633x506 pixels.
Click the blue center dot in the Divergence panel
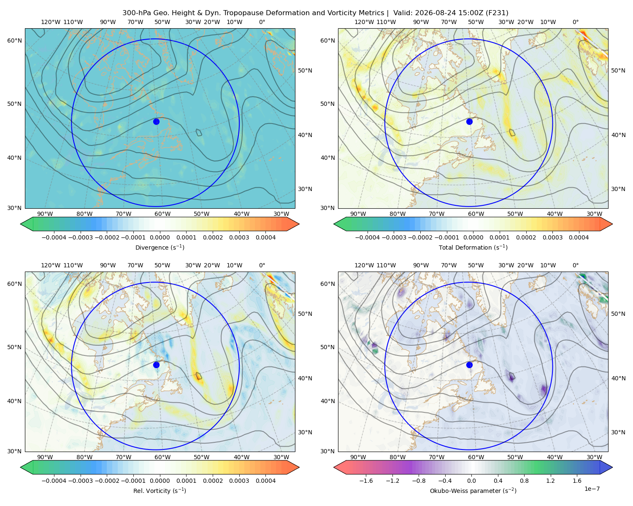[x=156, y=121]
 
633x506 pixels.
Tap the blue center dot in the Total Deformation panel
[x=469, y=121]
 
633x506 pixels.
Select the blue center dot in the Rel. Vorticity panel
[x=156, y=365]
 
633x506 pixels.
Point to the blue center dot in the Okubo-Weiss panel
[x=469, y=365]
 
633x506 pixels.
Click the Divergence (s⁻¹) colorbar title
[x=160, y=247]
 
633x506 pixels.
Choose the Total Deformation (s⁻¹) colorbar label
[x=473, y=247]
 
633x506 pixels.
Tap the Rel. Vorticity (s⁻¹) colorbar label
[x=160, y=490]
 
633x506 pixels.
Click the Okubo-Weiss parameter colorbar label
[x=473, y=490]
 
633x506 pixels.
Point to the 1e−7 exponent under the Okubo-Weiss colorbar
[x=592, y=489]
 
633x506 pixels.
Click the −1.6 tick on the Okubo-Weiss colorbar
[x=366, y=481]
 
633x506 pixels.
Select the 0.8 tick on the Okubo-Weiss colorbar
[x=524, y=481]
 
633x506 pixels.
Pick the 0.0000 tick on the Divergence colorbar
[x=160, y=237]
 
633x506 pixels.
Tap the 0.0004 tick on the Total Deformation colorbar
[x=579, y=237]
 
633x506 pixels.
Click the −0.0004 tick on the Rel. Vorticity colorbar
[x=54, y=481]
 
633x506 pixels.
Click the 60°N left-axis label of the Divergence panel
[x=14, y=40]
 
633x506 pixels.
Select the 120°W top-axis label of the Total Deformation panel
[x=364, y=22]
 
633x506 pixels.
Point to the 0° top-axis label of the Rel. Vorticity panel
[x=262, y=265]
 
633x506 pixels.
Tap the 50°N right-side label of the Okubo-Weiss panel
[x=618, y=314]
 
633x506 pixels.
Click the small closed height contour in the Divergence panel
[x=199, y=132]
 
